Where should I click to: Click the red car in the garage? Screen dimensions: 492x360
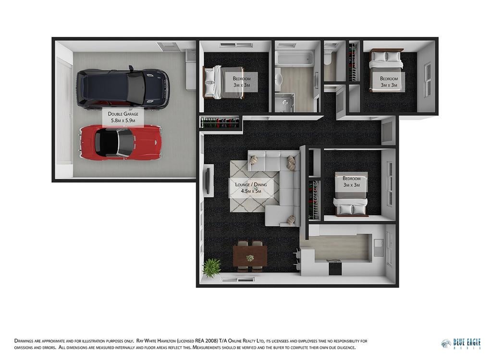(x=121, y=143)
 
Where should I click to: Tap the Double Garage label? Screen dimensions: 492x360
(x=123, y=117)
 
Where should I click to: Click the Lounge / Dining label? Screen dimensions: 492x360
(x=251, y=188)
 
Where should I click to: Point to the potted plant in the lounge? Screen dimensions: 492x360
(x=211, y=267)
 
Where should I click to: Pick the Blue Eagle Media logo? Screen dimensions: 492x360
(x=461, y=343)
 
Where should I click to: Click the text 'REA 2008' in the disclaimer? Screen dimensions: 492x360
(x=207, y=341)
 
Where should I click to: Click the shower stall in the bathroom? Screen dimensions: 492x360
(x=285, y=102)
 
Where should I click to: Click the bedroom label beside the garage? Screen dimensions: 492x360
(x=242, y=82)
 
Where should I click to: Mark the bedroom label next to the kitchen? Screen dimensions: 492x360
(x=351, y=181)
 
